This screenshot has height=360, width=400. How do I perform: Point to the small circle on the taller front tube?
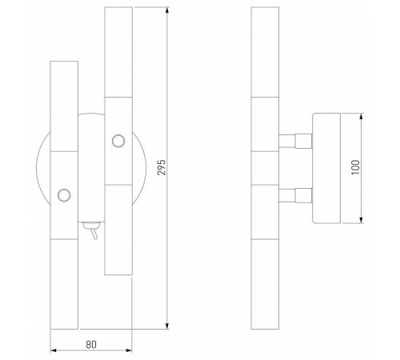118,141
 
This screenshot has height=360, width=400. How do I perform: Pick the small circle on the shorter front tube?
63,194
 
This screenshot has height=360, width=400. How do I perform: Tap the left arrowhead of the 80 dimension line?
53,350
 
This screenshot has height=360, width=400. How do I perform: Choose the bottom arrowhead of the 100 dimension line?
363,222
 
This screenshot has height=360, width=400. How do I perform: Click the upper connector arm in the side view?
294,142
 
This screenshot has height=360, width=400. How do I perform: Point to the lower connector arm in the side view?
294,194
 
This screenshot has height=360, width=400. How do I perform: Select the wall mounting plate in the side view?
326,169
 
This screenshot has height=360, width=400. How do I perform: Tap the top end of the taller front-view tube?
118,10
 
